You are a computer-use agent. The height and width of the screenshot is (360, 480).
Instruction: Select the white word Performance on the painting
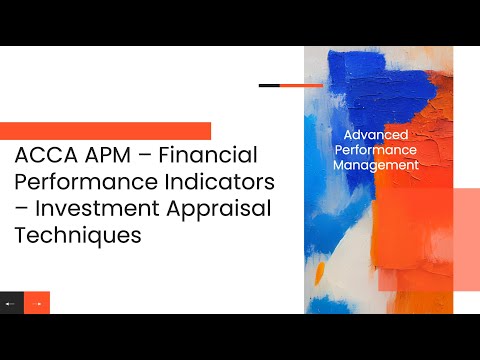pyautogui.click(x=379, y=149)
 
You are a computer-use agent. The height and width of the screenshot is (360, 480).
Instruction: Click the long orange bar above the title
pyautogui.click(x=105, y=131)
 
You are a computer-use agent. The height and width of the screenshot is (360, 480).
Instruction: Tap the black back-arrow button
pyautogui.click(x=11, y=302)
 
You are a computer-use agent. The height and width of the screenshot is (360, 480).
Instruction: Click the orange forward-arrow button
pyautogui.click(x=37, y=302)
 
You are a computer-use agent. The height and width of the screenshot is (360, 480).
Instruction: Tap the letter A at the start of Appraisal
pyautogui.click(x=181, y=210)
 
